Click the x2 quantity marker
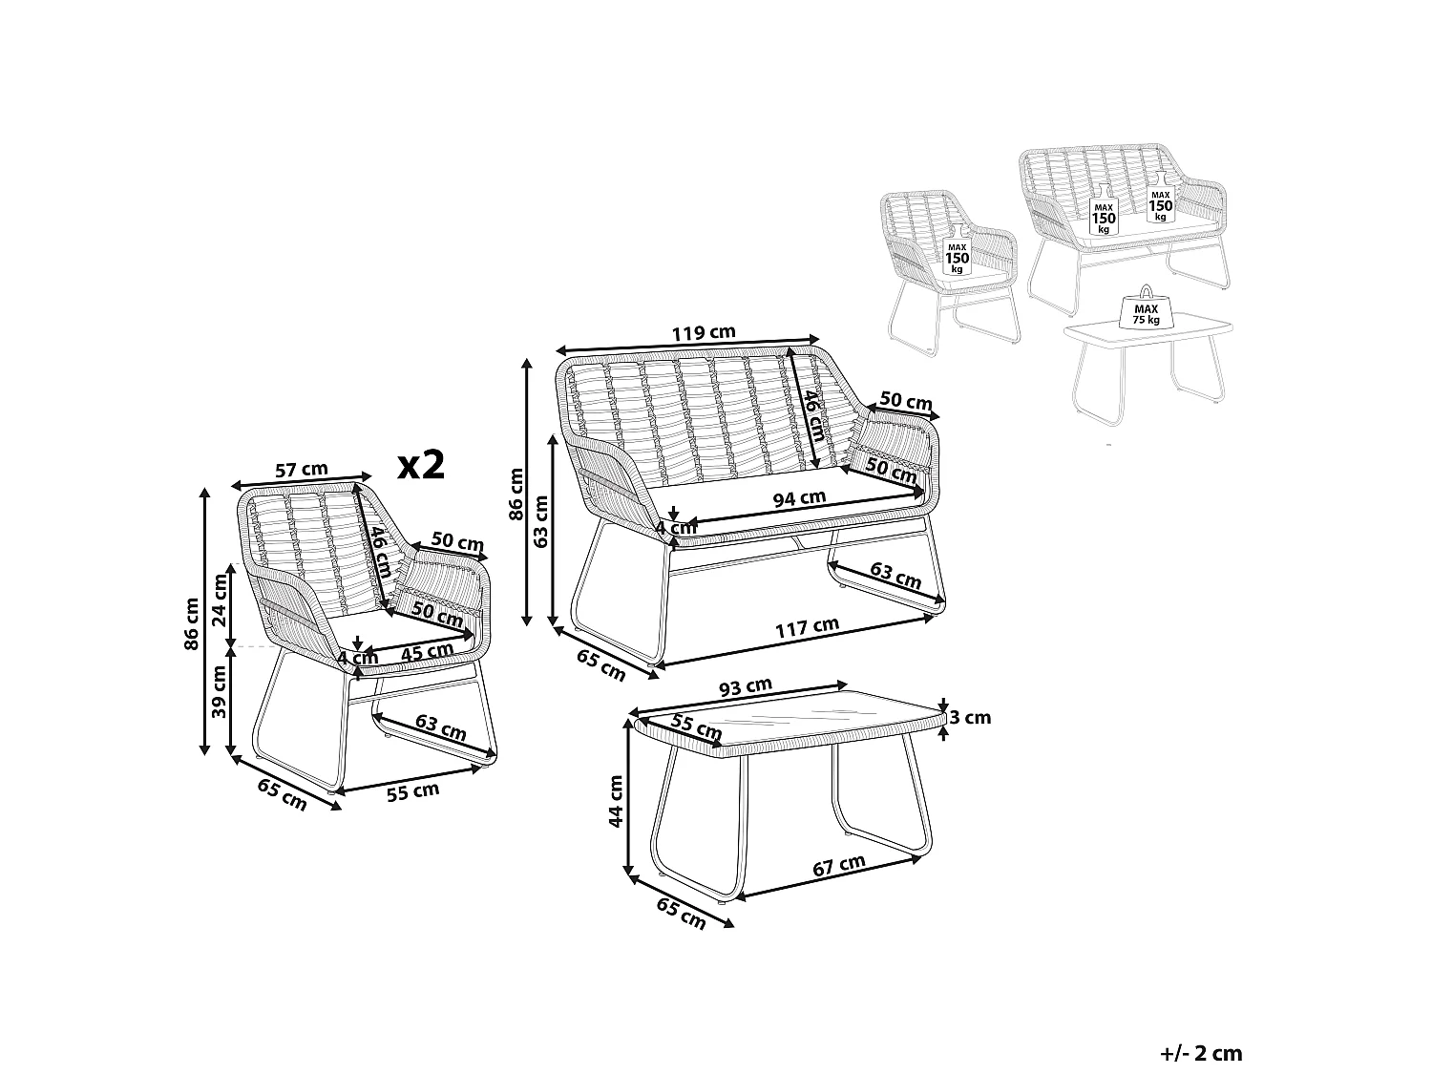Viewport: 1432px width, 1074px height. pyautogui.click(x=421, y=465)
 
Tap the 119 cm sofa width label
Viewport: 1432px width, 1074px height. pyautogui.click(x=704, y=332)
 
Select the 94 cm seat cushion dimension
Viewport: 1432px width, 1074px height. pyautogui.click(x=799, y=498)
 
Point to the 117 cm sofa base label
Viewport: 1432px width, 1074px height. pyautogui.click(x=807, y=627)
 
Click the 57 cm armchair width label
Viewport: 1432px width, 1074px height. pyautogui.click(x=301, y=470)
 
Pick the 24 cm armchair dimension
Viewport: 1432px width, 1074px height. pyautogui.click(x=221, y=600)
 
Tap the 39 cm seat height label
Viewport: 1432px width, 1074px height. pyautogui.click(x=220, y=692)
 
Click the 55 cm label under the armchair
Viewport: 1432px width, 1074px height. pyautogui.click(x=412, y=791)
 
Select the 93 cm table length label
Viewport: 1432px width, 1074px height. pyautogui.click(x=745, y=686)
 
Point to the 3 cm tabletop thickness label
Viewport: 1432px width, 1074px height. pyautogui.click(x=969, y=718)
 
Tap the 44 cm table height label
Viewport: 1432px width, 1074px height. pyautogui.click(x=616, y=801)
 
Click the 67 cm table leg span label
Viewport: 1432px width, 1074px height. pyautogui.click(x=839, y=865)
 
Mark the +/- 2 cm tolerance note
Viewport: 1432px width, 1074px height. pyautogui.click(x=1201, y=1053)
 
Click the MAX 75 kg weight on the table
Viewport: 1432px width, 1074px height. pyautogui.click(x=1147, y=314)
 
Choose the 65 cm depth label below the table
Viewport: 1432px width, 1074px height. pyautogui.click(x=681, y=914)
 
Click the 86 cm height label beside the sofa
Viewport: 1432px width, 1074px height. pyautogui.click(x=516, y=494)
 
